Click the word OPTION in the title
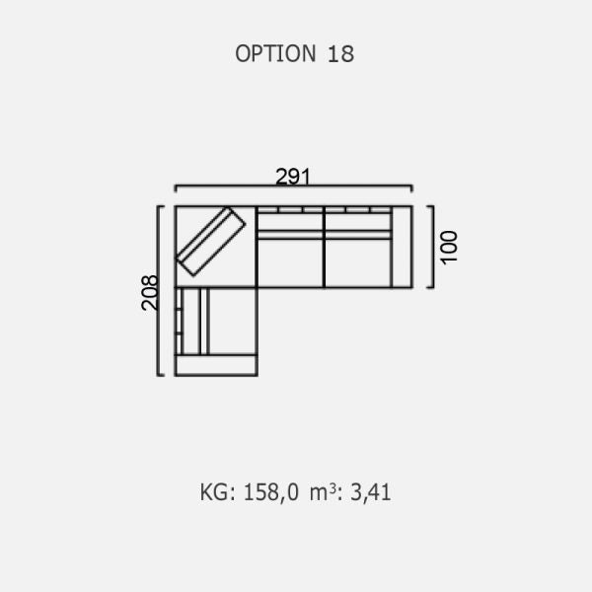275,53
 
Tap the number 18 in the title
340,54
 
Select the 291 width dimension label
293,177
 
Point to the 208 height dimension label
150,293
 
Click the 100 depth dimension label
449,248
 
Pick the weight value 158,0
270,492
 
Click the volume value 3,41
370,492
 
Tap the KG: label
218,492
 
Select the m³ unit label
324,492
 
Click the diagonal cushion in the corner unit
211,242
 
